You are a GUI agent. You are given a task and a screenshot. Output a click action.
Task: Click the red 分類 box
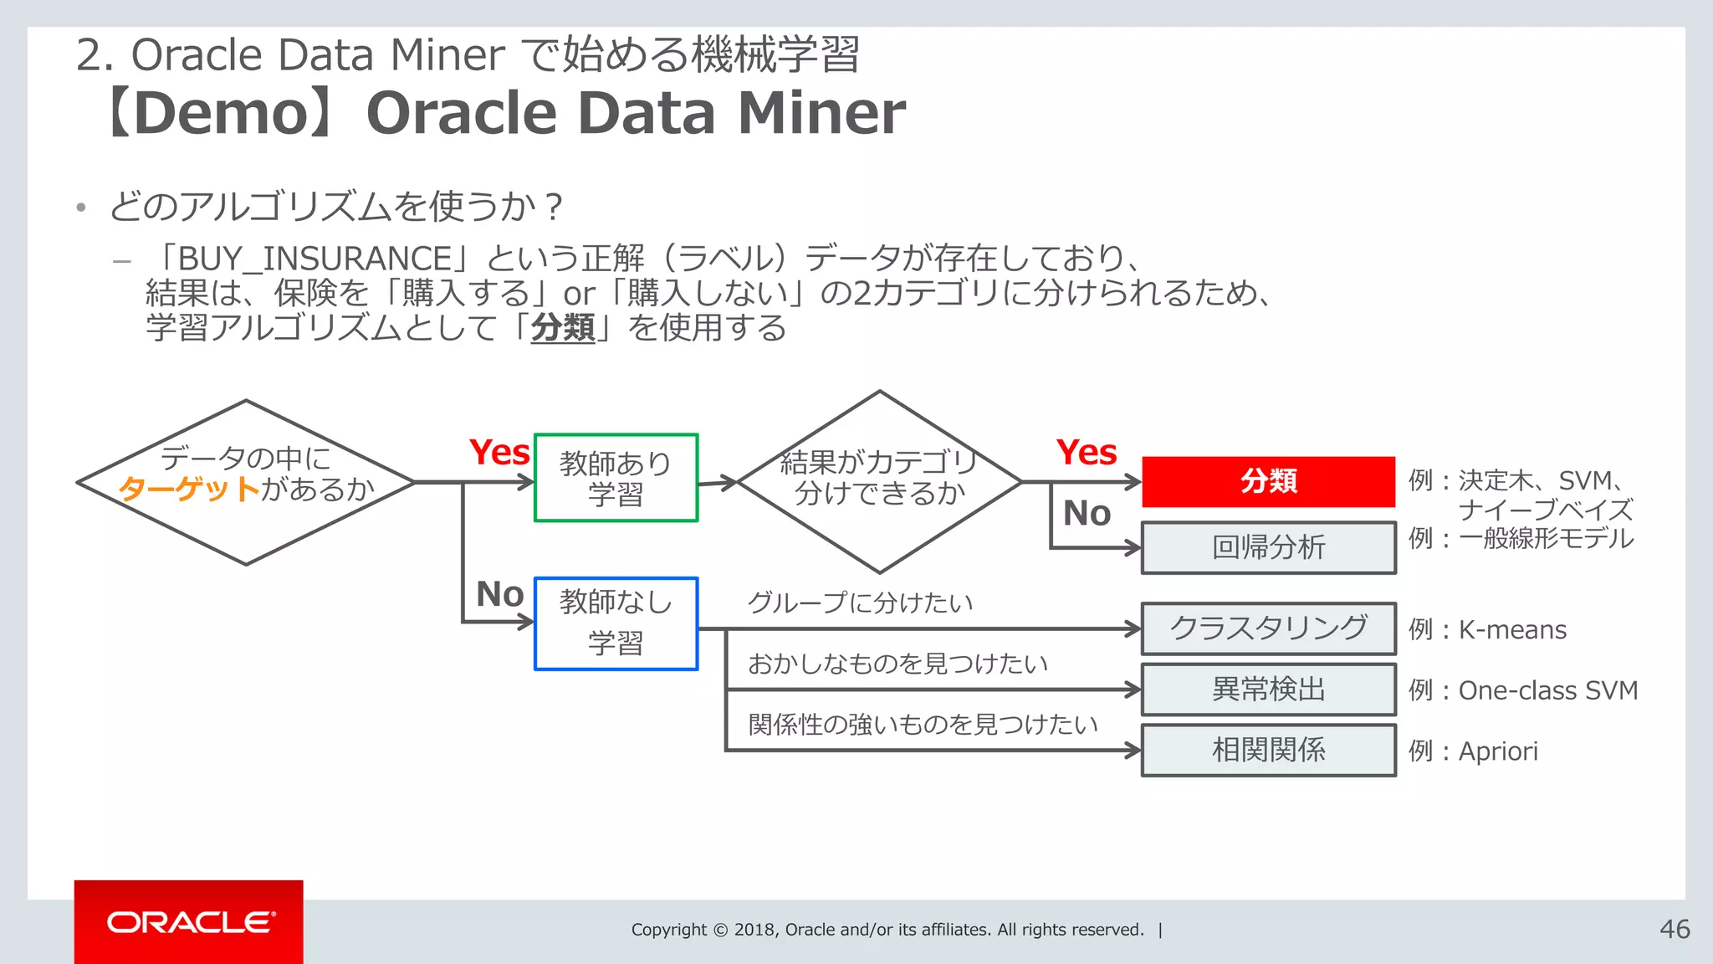pos(1268,482)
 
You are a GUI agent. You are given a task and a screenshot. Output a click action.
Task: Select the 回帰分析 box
pos(1268,548)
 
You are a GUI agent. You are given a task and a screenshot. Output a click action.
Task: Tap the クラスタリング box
pos(1268,628)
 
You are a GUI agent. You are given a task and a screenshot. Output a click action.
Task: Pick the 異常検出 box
pos(1268,690)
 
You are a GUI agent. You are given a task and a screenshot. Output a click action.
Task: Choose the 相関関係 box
pos(1268,751)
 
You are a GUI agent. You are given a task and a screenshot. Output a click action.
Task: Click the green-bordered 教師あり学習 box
pos(616,478)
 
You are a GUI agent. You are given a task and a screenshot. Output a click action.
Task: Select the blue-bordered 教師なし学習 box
pos(616,623)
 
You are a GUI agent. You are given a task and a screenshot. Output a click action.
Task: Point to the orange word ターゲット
pos(189,489)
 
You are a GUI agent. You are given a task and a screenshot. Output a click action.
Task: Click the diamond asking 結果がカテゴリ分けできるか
pos(878,481)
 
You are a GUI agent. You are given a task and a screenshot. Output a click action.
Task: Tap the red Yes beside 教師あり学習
pos(499,453)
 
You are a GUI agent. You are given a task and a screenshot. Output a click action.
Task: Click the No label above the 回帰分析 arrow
pos(1087,513)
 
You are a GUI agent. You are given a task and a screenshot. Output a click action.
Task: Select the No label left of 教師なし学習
pos(499,594)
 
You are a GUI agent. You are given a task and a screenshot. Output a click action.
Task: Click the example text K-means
pos(1512,630)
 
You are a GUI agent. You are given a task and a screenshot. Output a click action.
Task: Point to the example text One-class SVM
pos(1547,691)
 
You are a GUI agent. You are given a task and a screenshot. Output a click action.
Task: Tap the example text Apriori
pos(1498,751)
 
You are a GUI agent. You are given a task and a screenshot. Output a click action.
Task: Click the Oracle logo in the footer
pos(189,922)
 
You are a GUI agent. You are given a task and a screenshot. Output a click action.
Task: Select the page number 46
pos(1675,930)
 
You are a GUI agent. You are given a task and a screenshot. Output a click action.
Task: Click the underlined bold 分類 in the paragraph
pos(563,328)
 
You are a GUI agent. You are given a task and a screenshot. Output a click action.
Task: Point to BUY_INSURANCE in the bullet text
pos(315,259)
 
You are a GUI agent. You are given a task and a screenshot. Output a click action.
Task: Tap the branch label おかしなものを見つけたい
pos(897,664)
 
